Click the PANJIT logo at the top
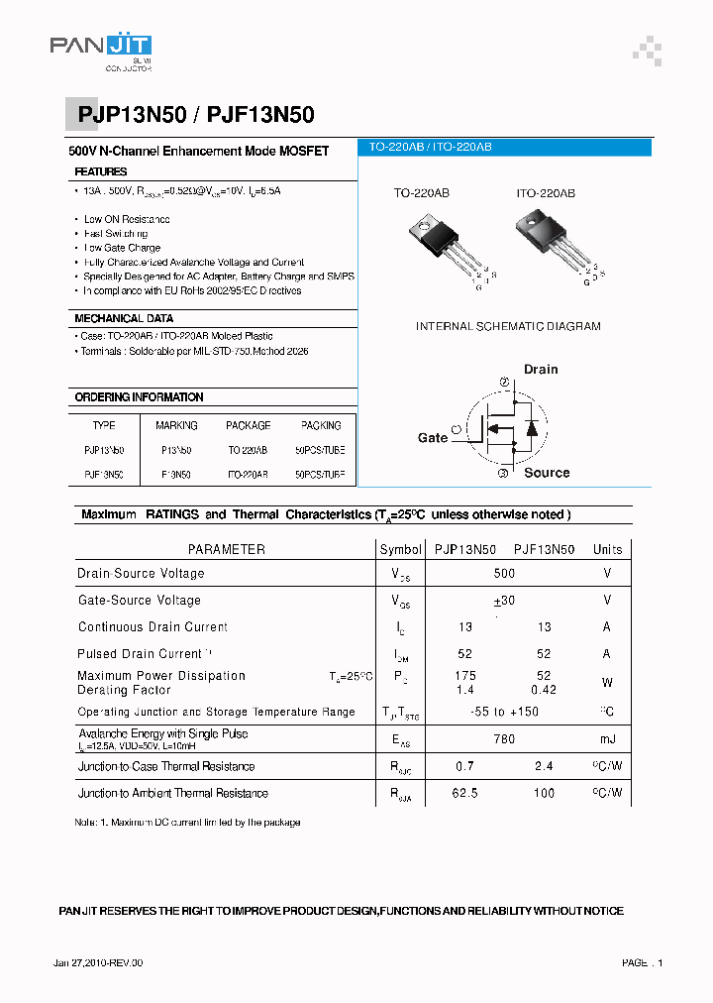(101, 50)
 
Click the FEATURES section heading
(101, 171)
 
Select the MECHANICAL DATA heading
(124, 319)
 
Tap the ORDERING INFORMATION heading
(139, 397)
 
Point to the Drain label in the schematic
(541, 370)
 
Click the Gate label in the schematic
(433, 437)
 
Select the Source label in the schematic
(547, 473)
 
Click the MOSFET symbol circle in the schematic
(505, 428)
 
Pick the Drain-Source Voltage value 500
(504, 574)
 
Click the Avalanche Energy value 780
(504, 739)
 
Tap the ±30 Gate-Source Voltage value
(504, 601)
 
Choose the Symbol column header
(400, 549)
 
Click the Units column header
(607, 549)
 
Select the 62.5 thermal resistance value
(465, 793)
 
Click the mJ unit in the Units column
(607, 739)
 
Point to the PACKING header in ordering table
(321, 425)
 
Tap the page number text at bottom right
(643, 963)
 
